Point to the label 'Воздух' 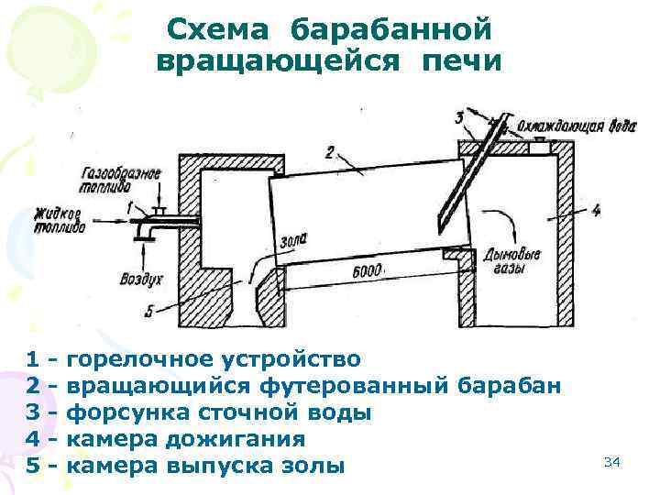pyautogui.click(x=142, y=276)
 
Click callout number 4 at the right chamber pyautogui.click(x=596, y=210)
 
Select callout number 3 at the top pyautogui.click(x=459, y=116)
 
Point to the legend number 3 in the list pyautogui.click(x=34, y=412)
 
